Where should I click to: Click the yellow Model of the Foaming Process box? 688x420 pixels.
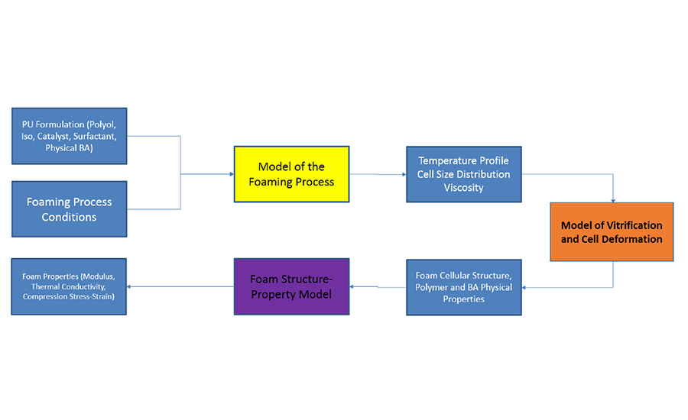[291, 174]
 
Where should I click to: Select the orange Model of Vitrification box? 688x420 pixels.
[612, 231]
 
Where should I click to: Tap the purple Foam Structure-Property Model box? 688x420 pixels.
[291, 286]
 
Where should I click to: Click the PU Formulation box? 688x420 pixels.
[69, 135]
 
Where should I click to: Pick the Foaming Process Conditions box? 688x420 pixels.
[69, 208]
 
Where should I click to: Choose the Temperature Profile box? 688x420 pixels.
[463, 174]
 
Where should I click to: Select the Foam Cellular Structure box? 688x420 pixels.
[463, 286]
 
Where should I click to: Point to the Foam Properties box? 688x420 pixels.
[69, 286]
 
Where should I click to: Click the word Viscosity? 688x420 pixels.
[463, 187]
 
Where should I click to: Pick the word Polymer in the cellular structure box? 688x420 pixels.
[434, 287]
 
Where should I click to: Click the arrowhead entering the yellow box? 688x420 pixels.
[230, 174]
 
